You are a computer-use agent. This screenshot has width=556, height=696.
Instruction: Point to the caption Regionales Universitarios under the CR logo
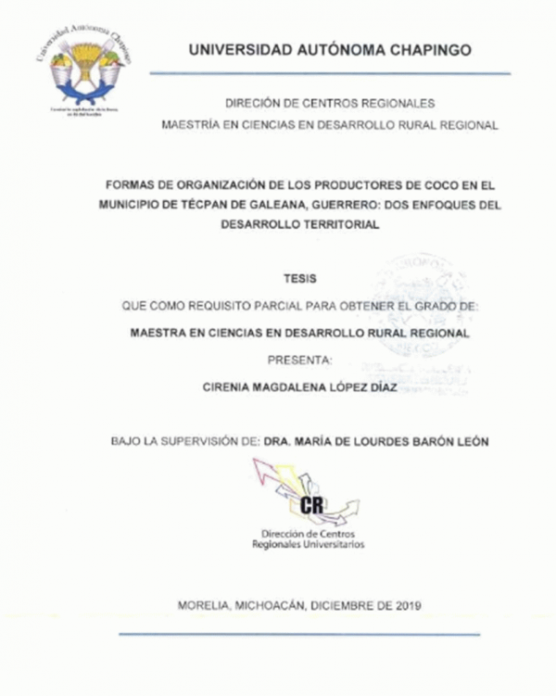pyautogui.click(x=309, y=545)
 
